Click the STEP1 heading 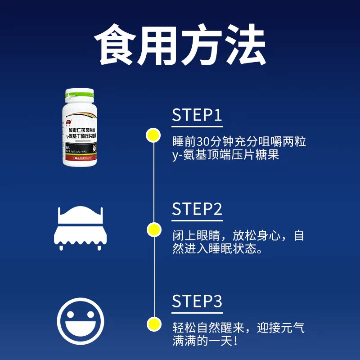(x=197, y=115)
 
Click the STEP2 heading (x=197, y=209)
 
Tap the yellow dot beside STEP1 (x=154, y=135)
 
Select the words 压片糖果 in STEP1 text (x=260, y=156)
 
